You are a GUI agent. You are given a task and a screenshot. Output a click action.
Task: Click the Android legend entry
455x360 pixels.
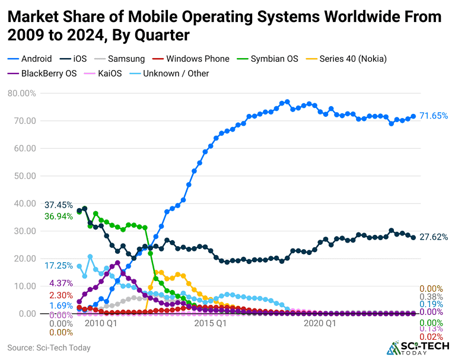[x=30, y=59]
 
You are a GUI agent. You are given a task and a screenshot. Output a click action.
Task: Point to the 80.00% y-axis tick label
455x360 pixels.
[x=22, y=93]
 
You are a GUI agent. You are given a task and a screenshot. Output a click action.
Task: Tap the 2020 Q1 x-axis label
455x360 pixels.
[x=320, y=324]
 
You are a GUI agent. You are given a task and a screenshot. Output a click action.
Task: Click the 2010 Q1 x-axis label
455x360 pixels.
[x=101, y=324]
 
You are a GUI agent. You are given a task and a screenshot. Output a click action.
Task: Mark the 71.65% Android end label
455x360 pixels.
[x=433, y=116]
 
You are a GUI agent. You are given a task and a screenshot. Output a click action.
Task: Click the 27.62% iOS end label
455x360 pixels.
[x=433, y=237]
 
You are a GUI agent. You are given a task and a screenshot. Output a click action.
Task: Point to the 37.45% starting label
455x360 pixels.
[x=58, y=205]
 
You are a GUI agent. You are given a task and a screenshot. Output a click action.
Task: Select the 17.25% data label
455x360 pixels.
[x=58, y=266]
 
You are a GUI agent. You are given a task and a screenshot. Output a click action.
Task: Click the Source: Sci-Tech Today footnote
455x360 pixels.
[x=49, y=348]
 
